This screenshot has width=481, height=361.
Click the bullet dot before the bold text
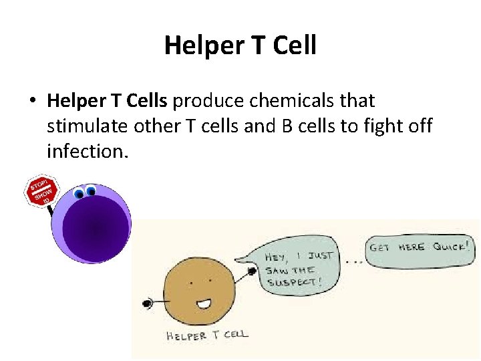(x=31, y=102)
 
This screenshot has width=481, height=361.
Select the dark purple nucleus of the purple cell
(x=95, y=229)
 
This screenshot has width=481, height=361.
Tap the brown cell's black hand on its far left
(x=147, y=304)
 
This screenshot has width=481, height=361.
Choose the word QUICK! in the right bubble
(x=450, y=245)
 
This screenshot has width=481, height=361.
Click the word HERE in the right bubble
(x=412, y=246)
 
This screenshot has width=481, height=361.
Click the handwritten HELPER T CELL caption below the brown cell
(x=206, y=334)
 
